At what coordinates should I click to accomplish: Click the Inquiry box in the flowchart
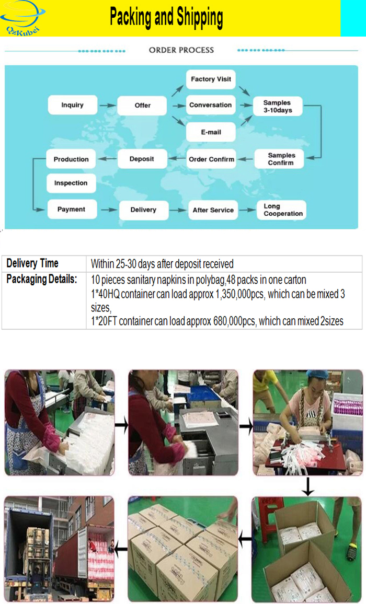(72, 105)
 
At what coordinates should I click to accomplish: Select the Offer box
(142, 105)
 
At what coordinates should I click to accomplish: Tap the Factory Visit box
(210, 79)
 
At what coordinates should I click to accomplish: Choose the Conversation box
(210, 105)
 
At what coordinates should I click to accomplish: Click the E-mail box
(210, 132)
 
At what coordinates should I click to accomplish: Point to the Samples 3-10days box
(278, 107)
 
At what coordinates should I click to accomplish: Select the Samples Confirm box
(281, 159)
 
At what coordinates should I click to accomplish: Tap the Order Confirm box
(211, 159)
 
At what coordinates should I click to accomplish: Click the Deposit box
(141, 159)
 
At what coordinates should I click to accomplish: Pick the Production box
(71, 159)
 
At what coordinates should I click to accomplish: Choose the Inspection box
(71, 183)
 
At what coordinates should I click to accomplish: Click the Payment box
(71, 209)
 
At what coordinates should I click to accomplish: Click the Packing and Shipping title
(166, 18)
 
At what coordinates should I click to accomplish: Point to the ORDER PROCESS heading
(181, 50)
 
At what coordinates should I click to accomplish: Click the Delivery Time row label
(32, 263)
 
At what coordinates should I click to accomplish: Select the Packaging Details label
(42, 279)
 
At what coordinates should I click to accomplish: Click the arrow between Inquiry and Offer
(107, 105)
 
